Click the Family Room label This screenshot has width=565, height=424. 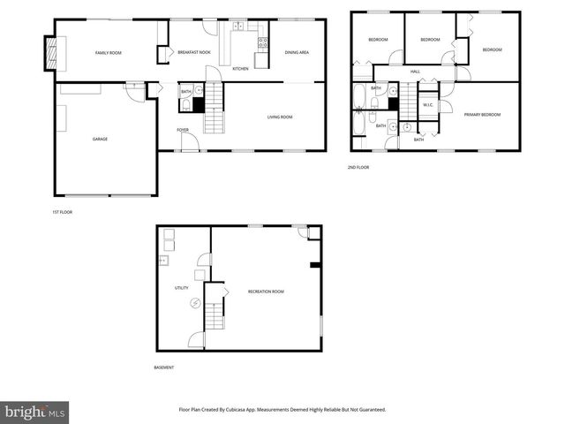tap(108, 53)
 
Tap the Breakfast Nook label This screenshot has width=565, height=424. tap(193, 53)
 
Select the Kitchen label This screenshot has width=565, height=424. tap(240, 68)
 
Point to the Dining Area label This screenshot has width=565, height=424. tap(297, 53)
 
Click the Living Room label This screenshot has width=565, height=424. tap(280, 117)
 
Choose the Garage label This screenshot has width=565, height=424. tap(101, 139)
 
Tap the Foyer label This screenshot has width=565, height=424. tap(183, 130)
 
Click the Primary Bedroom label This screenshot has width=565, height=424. tap(482, 114)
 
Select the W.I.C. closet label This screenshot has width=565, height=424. tap(427, 105)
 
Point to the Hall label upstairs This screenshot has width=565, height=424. tap(414, 71)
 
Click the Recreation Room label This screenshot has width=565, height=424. tap(266, 291)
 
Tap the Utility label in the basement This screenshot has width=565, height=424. tap(181, 288)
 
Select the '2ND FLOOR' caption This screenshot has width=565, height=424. tap(358, 167)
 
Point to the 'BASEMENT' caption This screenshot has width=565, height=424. tap(164, 367)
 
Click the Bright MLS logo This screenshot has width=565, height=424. tap(34, 412)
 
